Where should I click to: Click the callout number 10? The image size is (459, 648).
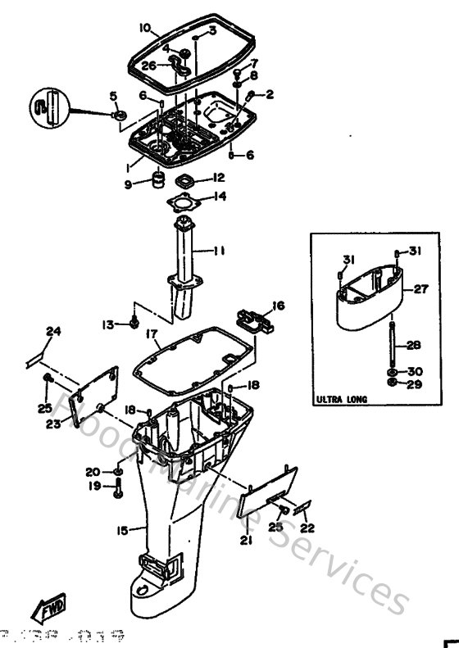144,27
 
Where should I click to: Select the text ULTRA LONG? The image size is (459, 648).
341,400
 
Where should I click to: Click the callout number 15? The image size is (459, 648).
121,531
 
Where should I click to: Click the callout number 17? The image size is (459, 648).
152,333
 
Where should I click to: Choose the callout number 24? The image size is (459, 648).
53,331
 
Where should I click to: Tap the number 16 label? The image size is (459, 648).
279,306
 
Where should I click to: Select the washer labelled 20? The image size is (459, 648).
120,473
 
